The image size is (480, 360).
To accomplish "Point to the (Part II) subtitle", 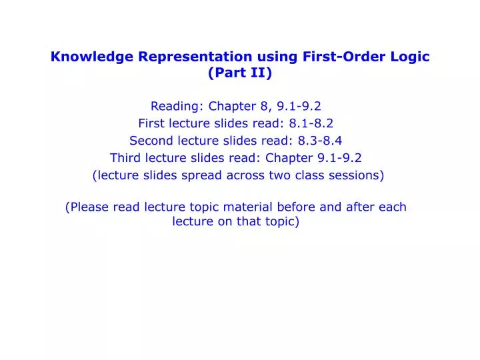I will (240, 73).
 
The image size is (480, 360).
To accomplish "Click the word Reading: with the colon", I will (177, 106).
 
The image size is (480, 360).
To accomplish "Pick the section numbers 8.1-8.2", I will (311, 123).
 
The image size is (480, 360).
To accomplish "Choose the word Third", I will (125, 158).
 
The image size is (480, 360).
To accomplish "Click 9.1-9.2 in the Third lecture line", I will (341, 158).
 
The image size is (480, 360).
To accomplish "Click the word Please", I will (90, 207).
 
